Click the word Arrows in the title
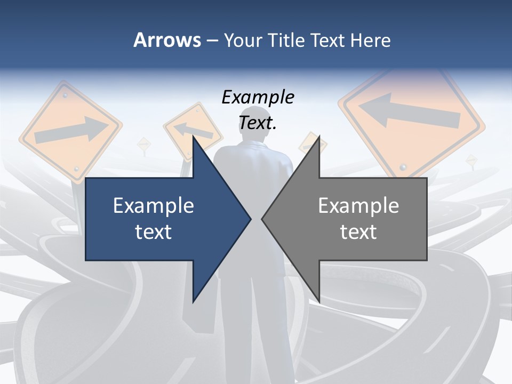point(167,40)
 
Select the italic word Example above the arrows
point(258,98)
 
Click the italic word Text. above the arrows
point(258,123)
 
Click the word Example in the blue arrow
point(154,205)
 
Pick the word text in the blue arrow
point(154,231)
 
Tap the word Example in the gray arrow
point(358,205)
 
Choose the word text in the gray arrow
point(358,231)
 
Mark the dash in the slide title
point(212,41)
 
